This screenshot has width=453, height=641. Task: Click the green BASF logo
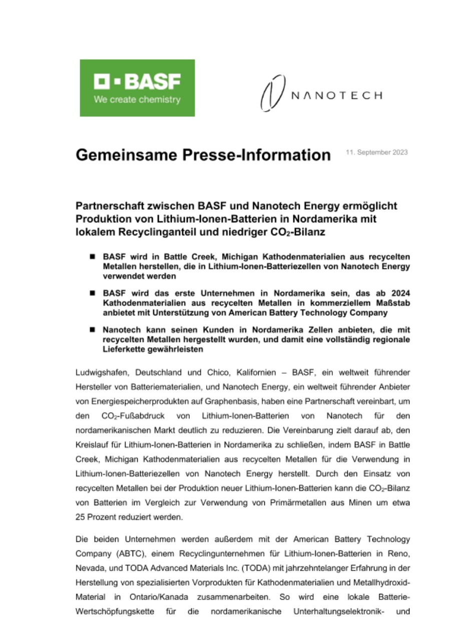point(137,88)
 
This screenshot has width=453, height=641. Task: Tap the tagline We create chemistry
point(137,100)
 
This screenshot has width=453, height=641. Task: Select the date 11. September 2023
point(376,152)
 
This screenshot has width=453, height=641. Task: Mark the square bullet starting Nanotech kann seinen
point(92,330)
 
